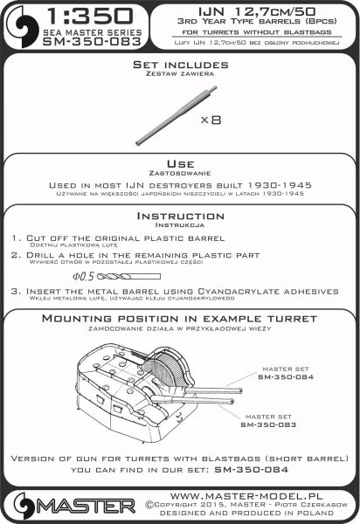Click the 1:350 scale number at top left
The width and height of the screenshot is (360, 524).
coord(90,17)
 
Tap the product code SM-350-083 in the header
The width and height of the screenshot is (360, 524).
coord(92,42)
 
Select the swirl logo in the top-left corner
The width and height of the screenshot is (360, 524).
coord(22,27)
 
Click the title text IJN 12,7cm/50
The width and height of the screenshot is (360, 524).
coord(257,11)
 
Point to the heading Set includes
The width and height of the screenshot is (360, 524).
coord(181,65)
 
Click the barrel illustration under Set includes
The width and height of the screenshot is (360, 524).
coord(177,115)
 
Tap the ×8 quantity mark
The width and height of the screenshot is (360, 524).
coord(211,120)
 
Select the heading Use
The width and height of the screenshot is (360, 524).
coord(181,164)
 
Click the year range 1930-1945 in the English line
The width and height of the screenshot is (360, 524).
coord(280,185)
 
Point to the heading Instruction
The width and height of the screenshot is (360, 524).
coord(181,216)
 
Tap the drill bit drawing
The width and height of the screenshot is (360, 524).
coord(128,277)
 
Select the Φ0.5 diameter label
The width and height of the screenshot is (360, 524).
coord(84,276)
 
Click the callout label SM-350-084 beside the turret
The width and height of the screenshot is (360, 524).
coord(286,377)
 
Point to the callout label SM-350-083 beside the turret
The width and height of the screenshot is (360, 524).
coord(268,424)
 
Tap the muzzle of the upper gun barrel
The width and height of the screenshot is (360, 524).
coord(240,390)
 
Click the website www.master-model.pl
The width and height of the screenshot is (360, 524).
coord(246,496)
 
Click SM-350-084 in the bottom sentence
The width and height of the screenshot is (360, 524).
coord(251,470)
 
